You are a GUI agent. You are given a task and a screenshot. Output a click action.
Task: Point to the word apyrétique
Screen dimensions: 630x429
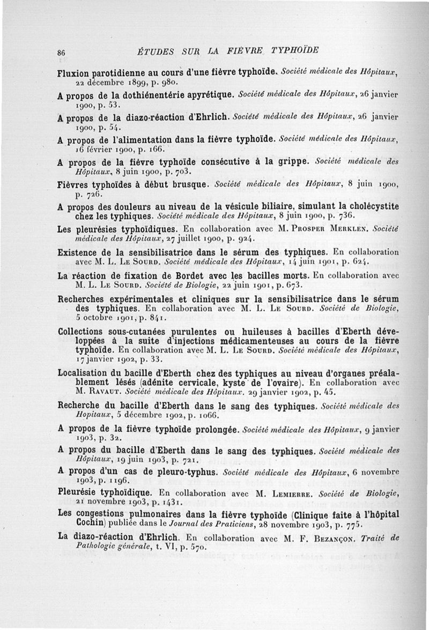click(x=210, y=96)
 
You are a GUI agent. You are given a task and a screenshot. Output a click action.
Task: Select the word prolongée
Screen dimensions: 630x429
click(x=213, y=429)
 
